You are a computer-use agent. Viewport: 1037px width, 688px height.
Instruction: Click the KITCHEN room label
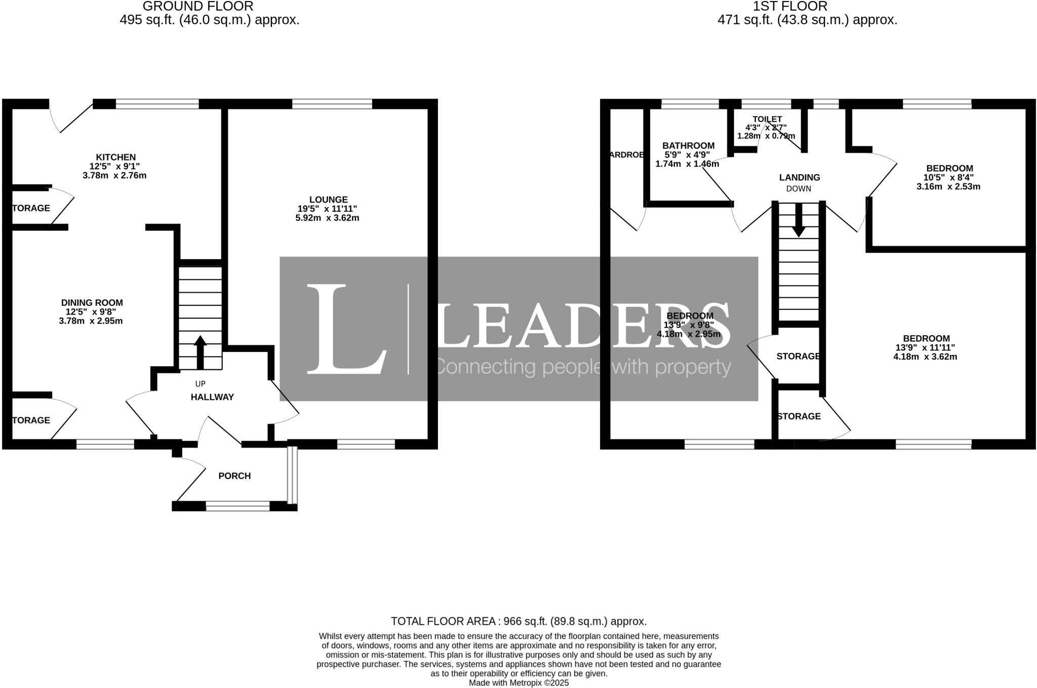(x=116, y=157)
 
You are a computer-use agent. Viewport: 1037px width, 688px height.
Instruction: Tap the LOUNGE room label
(x=328, y=200)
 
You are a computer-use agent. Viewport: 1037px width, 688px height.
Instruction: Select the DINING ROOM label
(x=92, y=303)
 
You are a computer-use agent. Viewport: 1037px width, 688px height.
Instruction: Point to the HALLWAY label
(x=212, y=397)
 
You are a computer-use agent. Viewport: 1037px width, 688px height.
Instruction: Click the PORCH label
(x=234, y=476)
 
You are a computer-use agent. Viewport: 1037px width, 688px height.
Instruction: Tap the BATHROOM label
(x=688, y=146)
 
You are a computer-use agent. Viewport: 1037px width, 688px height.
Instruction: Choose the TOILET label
(x=767, y=119)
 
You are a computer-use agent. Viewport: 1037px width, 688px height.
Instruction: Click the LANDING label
(x=799, y=178)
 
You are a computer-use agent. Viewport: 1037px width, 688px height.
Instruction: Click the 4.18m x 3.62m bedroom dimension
(x=925, y=357)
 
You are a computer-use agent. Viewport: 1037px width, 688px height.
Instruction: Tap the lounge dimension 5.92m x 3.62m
(x=327, y=218)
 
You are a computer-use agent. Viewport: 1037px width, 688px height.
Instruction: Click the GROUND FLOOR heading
(x=198, y=7)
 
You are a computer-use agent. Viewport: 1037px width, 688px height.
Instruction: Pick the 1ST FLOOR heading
(x=790, y=7)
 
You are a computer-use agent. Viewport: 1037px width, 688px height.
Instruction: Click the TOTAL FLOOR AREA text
(x=518, y=621)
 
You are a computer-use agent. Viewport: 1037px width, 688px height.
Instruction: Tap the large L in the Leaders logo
(x=344, y=329)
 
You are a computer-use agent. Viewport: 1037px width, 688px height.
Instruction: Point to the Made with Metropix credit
(x=518, y=683)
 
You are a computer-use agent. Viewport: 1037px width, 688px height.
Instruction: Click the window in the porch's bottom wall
(x=237, y=506)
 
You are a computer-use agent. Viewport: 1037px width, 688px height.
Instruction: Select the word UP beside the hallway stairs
(x=201, y=384)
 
